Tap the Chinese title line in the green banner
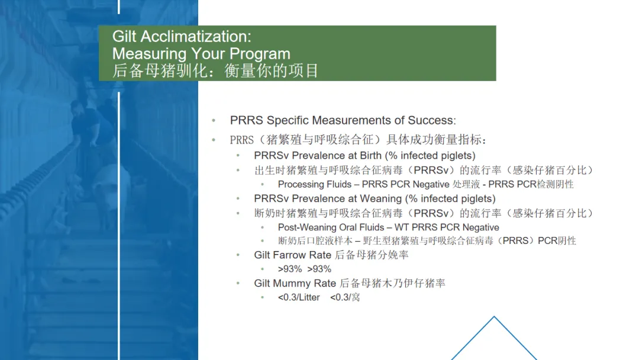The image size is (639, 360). [x=215, y=71]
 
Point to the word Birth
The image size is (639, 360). [x=370, y=156]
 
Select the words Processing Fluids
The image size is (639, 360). [x=315, y=184]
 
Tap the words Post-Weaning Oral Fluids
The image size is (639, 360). [x=331, y=227]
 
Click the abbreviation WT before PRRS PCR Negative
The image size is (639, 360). [x=401, y=227]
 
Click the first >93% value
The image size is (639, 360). [x=290, y=269]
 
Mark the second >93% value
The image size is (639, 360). [x=319, y=269]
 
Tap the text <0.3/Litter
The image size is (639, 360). [x=299, y=298]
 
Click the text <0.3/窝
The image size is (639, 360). [x=345, y=298]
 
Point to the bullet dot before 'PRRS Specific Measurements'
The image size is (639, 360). [x=214, y=120]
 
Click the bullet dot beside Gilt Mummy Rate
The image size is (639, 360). [x=238, y=283]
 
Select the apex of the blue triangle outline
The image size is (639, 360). [x=494, y=316]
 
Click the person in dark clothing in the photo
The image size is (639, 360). [x=88, y=123]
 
